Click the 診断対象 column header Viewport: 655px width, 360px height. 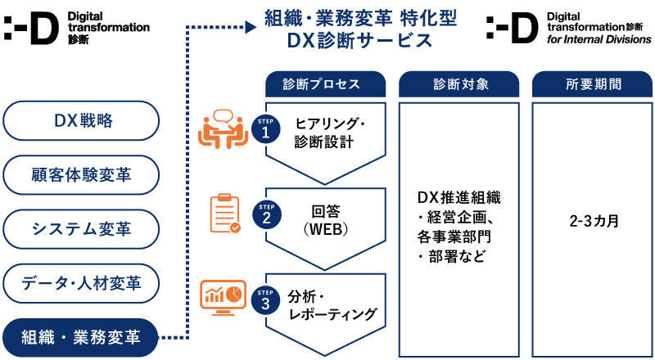pyautogui.click(x=458, y=84)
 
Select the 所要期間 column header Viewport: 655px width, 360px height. pyautogui.click(x=593, y=84)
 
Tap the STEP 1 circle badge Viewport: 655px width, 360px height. pyautogui.click(x=265, y=131)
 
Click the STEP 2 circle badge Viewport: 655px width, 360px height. pyautogui.click(x=265, y=214)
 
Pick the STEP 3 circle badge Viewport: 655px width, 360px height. pyautogui.click(x=265, y=299)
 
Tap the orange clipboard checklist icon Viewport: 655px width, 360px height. pyautogui.click(x=224, y=214)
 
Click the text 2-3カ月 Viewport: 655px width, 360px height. pyautogui.click(x=593, y=221)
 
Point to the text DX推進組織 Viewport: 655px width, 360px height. pyautogui.click(x=458, y=198)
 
